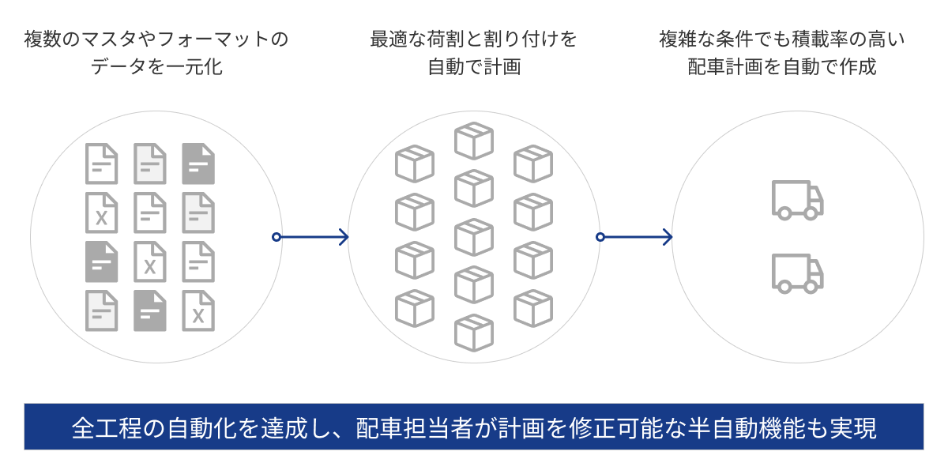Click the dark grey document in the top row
coord(198,164)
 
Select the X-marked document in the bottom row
coord(198,310)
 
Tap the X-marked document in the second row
coord(101,213)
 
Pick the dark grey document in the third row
coord(101,261)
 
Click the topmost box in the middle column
coord(474,141)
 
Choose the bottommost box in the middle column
coord(474,333)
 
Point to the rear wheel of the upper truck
coord(784,213)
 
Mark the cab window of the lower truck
coord(815,267)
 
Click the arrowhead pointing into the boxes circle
coord(343,237)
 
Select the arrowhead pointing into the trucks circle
coord(667,237)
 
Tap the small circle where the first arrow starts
coord(276,237)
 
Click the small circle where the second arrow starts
coord(600,237)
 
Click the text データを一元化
coord(156,67)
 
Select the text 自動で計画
coord(474,67)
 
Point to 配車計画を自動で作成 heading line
coord(782,67)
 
